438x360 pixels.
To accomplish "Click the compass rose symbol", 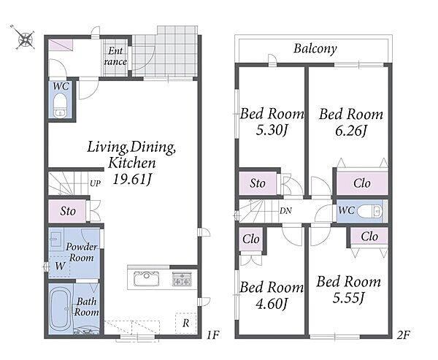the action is (x=24, y=38).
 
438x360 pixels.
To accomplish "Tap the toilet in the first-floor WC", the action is (x=60, y=106).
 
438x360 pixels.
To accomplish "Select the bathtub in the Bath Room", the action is (x=61, y=309).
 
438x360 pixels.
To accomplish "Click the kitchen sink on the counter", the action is (x=147, y=279).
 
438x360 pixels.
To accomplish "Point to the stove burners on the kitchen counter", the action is (x=182, y=279).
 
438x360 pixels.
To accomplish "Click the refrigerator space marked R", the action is (x=185, y=323).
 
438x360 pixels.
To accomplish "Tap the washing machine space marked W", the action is (x=60, y=266).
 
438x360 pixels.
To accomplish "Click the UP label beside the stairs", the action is (x=95, y=183).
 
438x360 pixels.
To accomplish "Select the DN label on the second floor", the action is (x=285, y=211).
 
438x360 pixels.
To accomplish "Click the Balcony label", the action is (x=315, y=49).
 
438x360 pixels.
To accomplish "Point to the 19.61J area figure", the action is (x=131, y=179).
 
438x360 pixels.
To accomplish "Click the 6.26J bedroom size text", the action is (x=350, y=131).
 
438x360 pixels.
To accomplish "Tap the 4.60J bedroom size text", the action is (x=272, y=304).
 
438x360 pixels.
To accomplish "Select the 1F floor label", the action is (x=213, y=334).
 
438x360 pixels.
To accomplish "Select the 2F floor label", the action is (x=403, y=334).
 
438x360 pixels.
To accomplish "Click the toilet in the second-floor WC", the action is (x=369, y=211).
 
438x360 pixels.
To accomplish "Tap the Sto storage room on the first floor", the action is (x=67, y=211).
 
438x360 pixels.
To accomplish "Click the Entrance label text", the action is (x=115, y=56).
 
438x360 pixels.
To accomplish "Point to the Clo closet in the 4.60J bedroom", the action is (x=251, y=240).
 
